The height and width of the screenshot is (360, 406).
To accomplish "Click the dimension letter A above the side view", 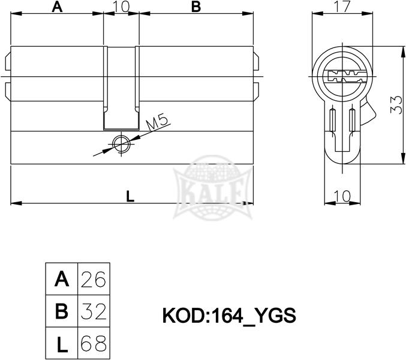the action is click(57, 7).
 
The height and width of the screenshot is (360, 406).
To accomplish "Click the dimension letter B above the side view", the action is click(196, 7).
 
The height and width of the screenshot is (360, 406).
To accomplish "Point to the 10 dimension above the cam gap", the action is click(121, 7).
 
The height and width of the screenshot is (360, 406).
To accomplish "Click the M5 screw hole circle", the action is click(121, 144).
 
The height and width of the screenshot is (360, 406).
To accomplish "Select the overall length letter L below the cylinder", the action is click(130, 196).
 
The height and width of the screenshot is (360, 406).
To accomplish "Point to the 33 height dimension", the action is click(396, 105).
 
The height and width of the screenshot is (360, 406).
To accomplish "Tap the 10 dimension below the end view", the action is click(342, 196).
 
